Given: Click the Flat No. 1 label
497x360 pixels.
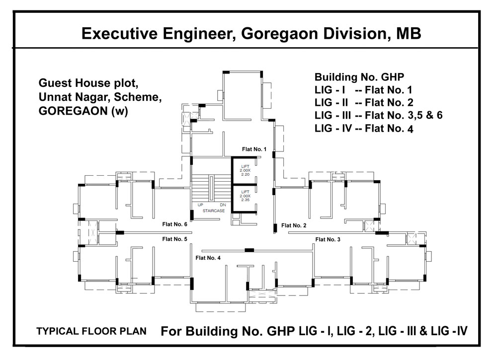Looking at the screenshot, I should [254, 149].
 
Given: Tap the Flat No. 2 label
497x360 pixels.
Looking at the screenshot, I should [294, 225].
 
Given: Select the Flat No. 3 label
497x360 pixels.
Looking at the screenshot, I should [328, 239].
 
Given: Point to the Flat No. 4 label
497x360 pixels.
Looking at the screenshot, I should [208, 257].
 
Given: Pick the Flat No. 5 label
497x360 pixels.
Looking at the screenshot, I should [174, 239].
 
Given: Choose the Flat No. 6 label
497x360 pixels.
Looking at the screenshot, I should [174, 224].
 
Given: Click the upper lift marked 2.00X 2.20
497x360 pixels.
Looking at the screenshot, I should [245, 171].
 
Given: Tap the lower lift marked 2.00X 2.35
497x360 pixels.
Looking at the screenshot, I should [245, 197].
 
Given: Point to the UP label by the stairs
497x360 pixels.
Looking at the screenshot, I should [200, 205].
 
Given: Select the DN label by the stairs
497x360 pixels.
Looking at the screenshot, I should [222, 205].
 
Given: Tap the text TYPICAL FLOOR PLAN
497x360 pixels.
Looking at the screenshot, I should [91, 332].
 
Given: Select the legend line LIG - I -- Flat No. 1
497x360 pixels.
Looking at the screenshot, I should [363, 90].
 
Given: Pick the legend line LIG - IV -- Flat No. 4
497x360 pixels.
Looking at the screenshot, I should [364, 129].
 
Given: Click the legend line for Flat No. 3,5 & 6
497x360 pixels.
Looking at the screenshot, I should [379, 116].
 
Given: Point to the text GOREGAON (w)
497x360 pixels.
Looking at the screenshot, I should [83, 111].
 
